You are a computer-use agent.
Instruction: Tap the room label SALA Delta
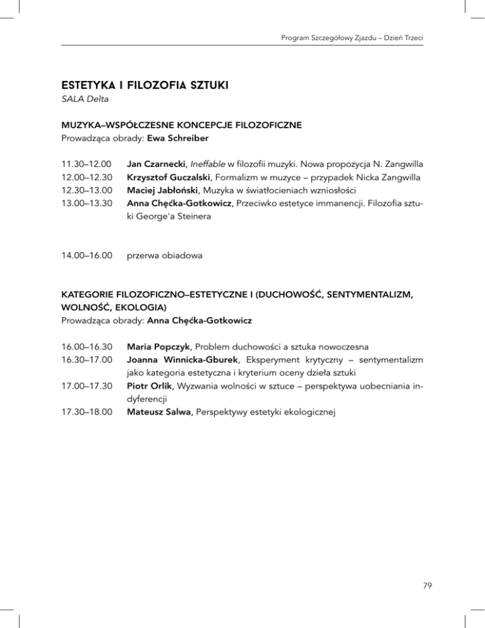point(86,98)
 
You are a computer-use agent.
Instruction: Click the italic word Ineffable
point(227,165)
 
